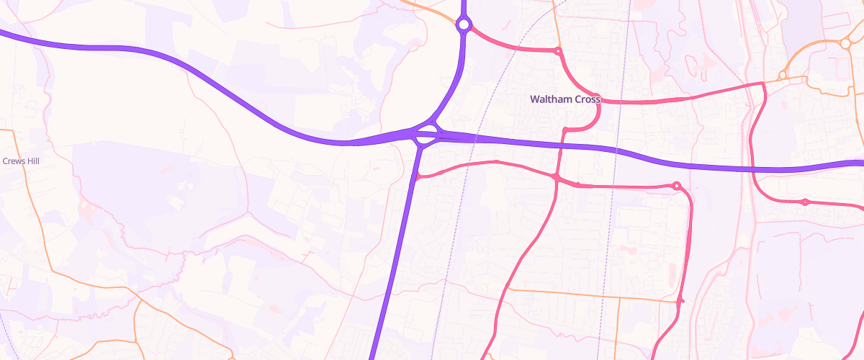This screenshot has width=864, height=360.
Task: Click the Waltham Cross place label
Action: (x=564, y=99)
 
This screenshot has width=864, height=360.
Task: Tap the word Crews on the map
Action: (x=14, y=161)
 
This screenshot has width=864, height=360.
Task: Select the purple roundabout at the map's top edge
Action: (x=464, y=25)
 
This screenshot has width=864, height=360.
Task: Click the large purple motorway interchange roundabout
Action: (x=426, y=135)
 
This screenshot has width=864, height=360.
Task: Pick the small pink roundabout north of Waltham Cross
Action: (x=557, y=51)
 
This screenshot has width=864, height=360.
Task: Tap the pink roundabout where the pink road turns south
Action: (x=676, y=186)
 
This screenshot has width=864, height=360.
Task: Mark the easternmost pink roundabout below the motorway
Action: (x=805, y=202)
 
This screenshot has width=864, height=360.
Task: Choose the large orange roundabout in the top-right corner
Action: (x=845, y=43)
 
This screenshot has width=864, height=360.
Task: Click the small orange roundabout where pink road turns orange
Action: (x=782, y=76)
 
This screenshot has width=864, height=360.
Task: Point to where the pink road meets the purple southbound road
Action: (x=416, y=176)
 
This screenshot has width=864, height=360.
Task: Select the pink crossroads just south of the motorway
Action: (x=557, y=176)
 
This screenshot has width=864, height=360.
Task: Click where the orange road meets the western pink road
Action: (x=508, y=289)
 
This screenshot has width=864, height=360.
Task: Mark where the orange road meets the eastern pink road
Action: (x=680, y=300)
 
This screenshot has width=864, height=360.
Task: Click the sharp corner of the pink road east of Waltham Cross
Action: (x=763, y=85)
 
